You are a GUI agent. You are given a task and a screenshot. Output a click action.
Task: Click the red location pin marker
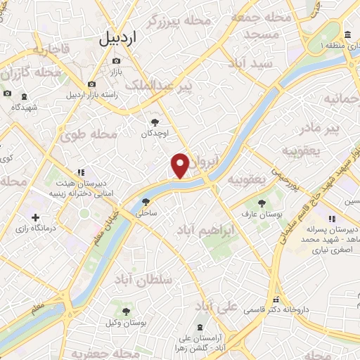coord(180,165)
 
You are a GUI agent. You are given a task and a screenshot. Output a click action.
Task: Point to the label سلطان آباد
coord(166,279)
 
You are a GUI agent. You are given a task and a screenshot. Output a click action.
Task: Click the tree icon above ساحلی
coord(146,201)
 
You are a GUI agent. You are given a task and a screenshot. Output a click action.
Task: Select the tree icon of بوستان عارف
coord(261,202)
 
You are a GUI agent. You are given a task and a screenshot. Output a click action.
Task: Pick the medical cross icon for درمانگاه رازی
coord(34,217)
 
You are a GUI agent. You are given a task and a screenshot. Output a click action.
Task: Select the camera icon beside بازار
coord(116,61)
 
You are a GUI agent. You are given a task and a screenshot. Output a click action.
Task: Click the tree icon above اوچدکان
coord(146,122)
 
